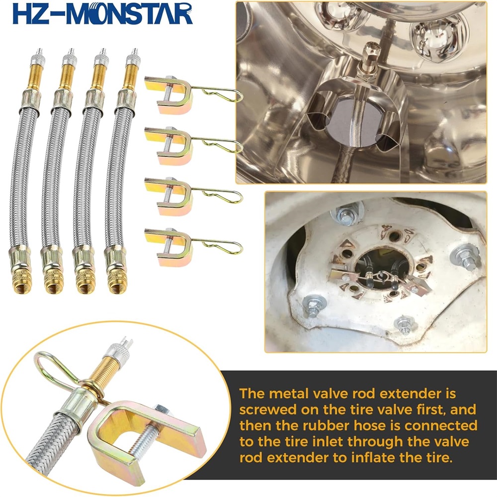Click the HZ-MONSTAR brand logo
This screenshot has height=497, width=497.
point(102,13)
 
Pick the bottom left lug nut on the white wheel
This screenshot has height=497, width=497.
point(313,305)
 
